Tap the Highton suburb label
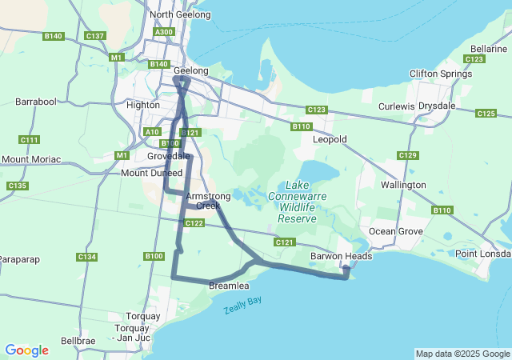(x=143, y=105)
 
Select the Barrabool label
(x=36, y=102)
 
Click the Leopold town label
(x=330, y=139)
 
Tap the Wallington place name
(x=404, y=185)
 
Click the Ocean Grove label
(x=394, y=231)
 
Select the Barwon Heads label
(x=337, y=257)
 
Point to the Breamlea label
(x=229, y=286)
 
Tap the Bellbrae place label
(x=78, y=341)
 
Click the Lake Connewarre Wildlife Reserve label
(x=296, y=201)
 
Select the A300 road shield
(x=165, y=32)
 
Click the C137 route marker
(x=95, y=36)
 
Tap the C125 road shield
(x=486, y=114)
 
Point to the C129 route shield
(x=408, y=155)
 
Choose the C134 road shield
(x=86, y=257)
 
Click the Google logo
(x=26, y=350)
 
